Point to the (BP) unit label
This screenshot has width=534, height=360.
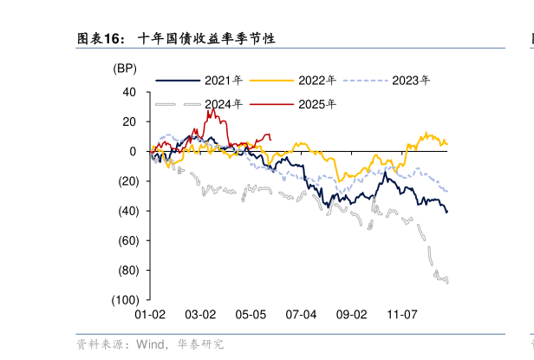pyautogui.click(x=125, y=68)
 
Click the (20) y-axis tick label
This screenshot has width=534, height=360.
pyautogui.click(x=127, y=181)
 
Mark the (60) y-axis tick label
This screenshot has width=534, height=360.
pyautogui.click(x=127, y=240)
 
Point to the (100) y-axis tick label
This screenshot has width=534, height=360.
pyautogui.click(x=124, y=300)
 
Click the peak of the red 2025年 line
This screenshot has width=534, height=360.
pyautogui.click(x=210, y=110)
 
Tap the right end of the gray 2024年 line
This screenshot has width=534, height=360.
pyautogui.click(x=447, y=281)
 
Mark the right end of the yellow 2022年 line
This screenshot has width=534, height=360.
pyautogui.click(x=446, y=143)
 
